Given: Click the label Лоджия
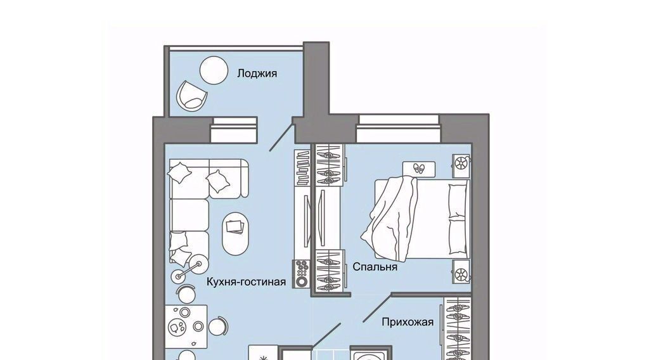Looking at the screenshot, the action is pos(257,74).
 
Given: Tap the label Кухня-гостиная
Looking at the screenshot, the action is pos(247,282).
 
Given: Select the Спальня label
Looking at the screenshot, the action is pos(375,267).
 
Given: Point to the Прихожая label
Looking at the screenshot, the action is pos(408,322).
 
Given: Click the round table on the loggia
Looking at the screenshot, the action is pos(214,70).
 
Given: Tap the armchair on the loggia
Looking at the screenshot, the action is pos(191,95).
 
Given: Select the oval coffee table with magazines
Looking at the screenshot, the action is pos(236,233).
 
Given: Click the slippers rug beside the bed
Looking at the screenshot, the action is pos(419,169).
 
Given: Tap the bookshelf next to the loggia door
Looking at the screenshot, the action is pos(303,167).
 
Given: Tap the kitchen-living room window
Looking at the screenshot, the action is pos(235,130).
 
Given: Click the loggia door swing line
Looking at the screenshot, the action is pos(281,136).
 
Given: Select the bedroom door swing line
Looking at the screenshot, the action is pos(377,308).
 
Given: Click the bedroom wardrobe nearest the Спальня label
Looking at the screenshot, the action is pos(330,271).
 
